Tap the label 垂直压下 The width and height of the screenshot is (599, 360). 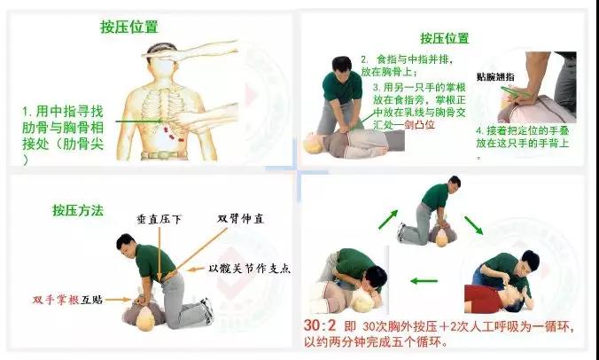[x=159, y=219]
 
